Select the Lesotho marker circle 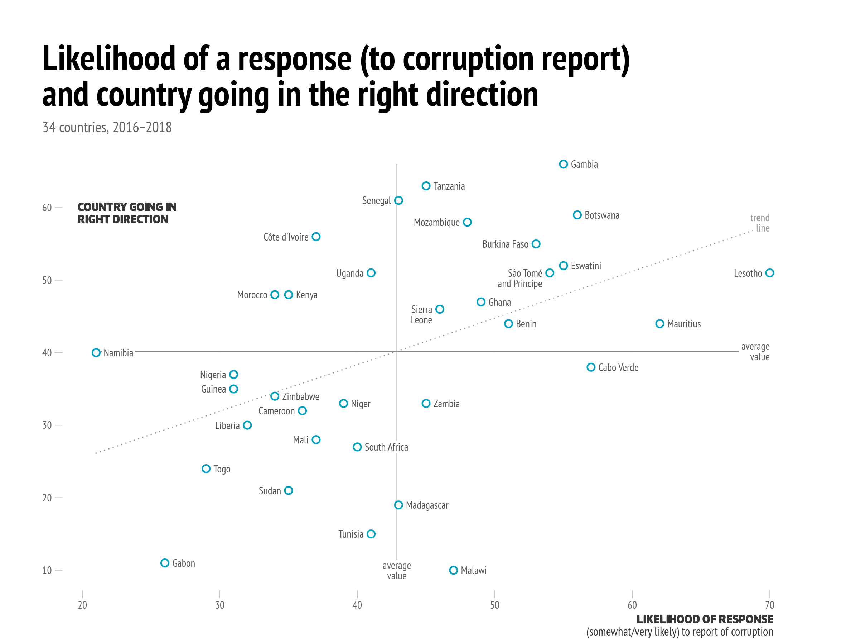(769, 273)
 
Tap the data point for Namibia (96, 353)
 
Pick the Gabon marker (165, 563)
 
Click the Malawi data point (453, 570)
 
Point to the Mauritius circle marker (660, 324)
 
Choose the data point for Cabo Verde (591, 367)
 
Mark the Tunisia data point (371, 534)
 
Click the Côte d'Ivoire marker (316, 237)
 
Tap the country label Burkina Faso (505, 244)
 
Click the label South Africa (386, 447)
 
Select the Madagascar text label (427, 505)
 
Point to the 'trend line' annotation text (760, 223)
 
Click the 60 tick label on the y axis (47, 208)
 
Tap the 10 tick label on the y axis (47, 570)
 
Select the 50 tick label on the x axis (494, 605)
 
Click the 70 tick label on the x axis (769, 605)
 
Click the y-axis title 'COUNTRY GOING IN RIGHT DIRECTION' (127, 213)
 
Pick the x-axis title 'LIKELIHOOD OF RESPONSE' (705, 619)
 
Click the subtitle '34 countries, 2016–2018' (107, 128)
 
